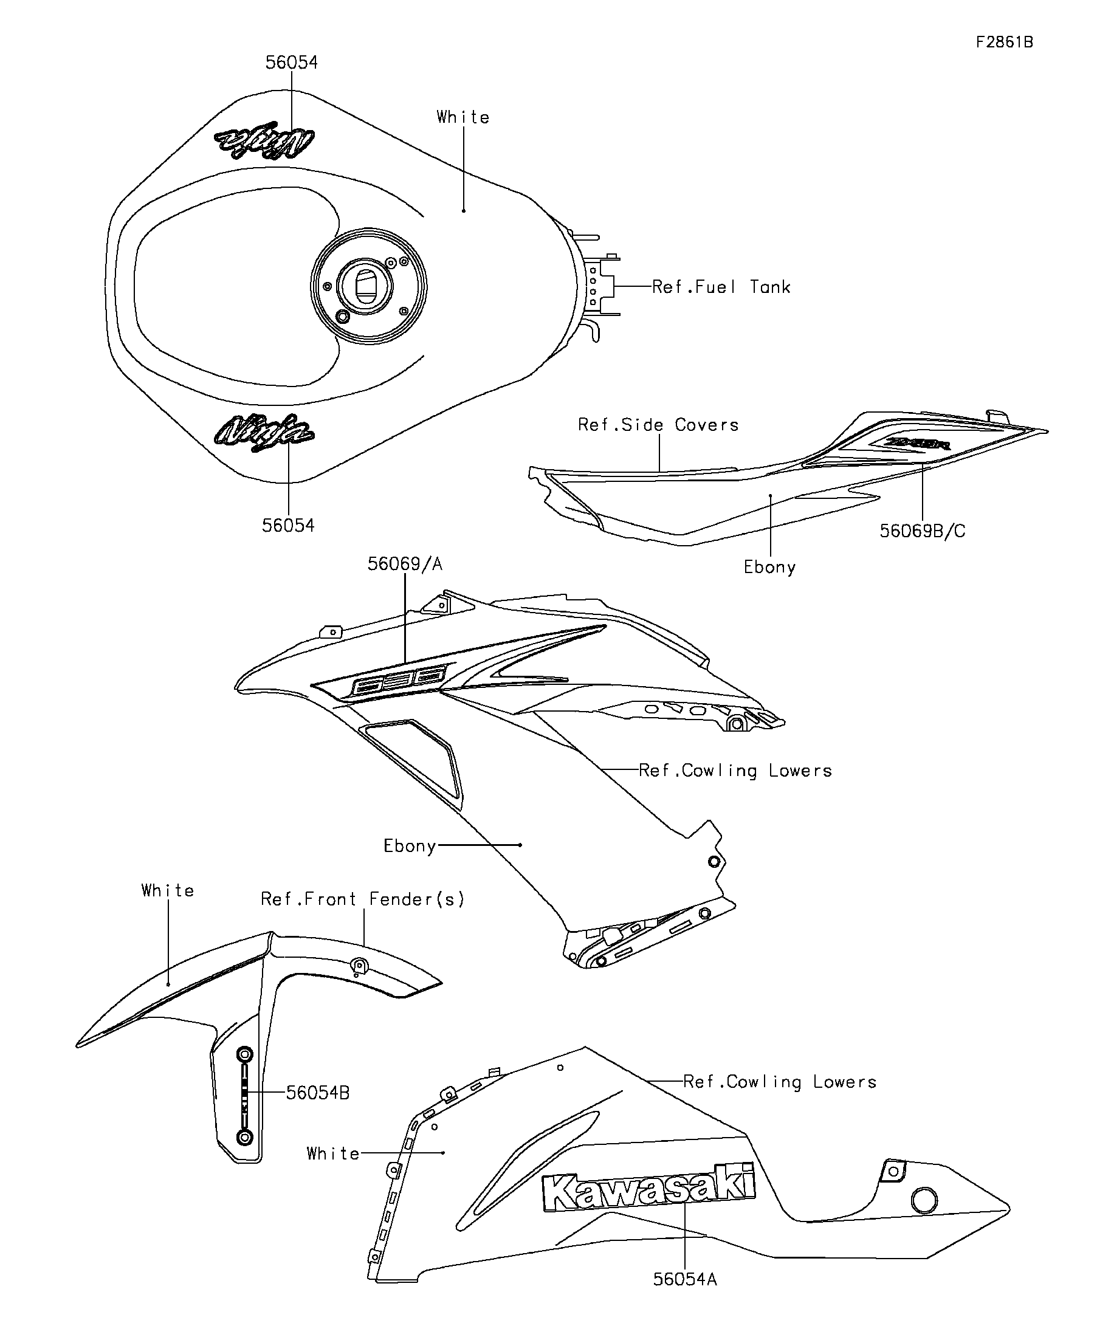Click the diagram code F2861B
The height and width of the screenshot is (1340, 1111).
(1004, 42)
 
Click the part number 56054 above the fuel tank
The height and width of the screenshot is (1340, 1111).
(291, 63)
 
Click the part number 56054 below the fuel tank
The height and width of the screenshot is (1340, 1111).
(288, 525)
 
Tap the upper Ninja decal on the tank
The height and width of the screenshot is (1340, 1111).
(265, 140)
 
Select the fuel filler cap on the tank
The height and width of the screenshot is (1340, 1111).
(367, 286)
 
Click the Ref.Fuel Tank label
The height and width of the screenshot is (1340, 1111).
(721, 287)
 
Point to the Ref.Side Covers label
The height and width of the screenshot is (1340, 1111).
(658, 425)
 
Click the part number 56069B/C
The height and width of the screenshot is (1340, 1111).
(922, 531)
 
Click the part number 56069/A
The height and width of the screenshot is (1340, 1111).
(405, 564)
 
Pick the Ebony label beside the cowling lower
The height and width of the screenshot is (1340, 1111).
(409, 846)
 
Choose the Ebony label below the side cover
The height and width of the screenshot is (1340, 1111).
(769, 567)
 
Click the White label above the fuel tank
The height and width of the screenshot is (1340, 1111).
(463, 117)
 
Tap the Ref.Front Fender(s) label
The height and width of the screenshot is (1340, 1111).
(362, 899)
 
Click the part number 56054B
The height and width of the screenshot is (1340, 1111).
(317, 1093)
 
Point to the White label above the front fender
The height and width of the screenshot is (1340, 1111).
(168, 891)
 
